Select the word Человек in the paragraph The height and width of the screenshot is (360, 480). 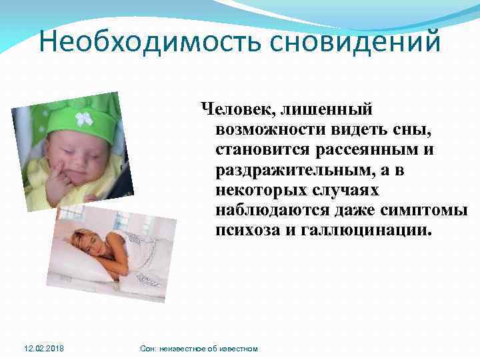click(x=235, y=109)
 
